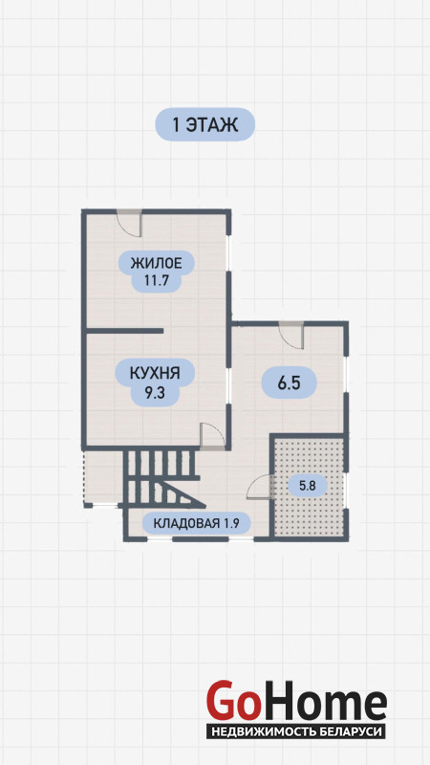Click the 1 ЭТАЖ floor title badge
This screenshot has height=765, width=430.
pos(204,125)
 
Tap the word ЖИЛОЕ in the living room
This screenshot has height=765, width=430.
pos(156,264)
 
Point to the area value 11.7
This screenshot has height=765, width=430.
pos(156,281)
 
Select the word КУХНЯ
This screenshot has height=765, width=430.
pos(155,374)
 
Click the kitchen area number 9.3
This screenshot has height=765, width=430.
pos(155,391)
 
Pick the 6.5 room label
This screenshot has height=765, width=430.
pos(289,383)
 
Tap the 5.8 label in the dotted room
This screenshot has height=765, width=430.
pos(307,486)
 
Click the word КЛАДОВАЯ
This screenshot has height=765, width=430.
pos(187,524)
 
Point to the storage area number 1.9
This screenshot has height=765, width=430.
pos(231,524)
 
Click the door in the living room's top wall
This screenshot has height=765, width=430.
pos(129,223)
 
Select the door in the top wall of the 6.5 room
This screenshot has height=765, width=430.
pos(291,336)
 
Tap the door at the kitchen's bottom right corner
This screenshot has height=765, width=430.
pos(213,436)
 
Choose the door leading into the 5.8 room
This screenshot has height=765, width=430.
pos(259,487)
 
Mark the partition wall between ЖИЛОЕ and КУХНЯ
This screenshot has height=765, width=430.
pos(124,331)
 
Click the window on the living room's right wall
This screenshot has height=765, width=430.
pos(229,254)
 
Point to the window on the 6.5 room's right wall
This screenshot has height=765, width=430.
pos(346,375)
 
